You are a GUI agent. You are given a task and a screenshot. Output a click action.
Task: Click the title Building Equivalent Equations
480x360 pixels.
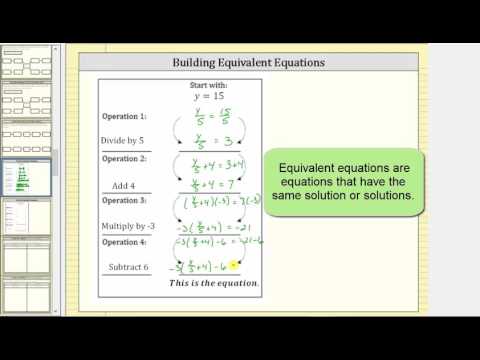[x=248, y=63]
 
